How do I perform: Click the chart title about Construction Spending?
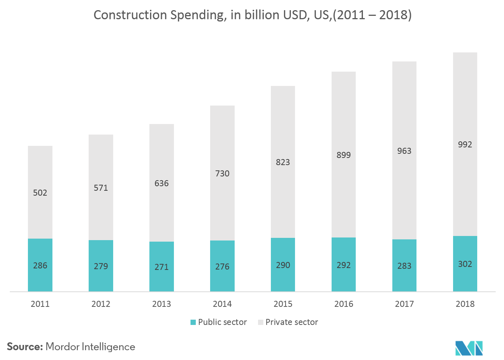tap(252, 15)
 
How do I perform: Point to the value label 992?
tap(465, 145)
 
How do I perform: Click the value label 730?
tap(222, 173)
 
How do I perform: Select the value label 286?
tap(40, 265)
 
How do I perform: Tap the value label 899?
tap(343, 155)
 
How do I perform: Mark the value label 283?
tap(404, 266)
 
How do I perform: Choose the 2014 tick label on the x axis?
tap(222, 304)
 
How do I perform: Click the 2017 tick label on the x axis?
tap(404, 304)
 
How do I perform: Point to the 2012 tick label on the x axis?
tap(101, 304)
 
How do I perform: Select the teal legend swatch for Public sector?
tap(193, 322)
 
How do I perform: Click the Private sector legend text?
tap(291, 322)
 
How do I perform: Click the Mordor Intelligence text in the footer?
tap(90, 347)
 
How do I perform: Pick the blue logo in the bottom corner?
tap(469, 348)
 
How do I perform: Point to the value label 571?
tap(101, 188)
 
